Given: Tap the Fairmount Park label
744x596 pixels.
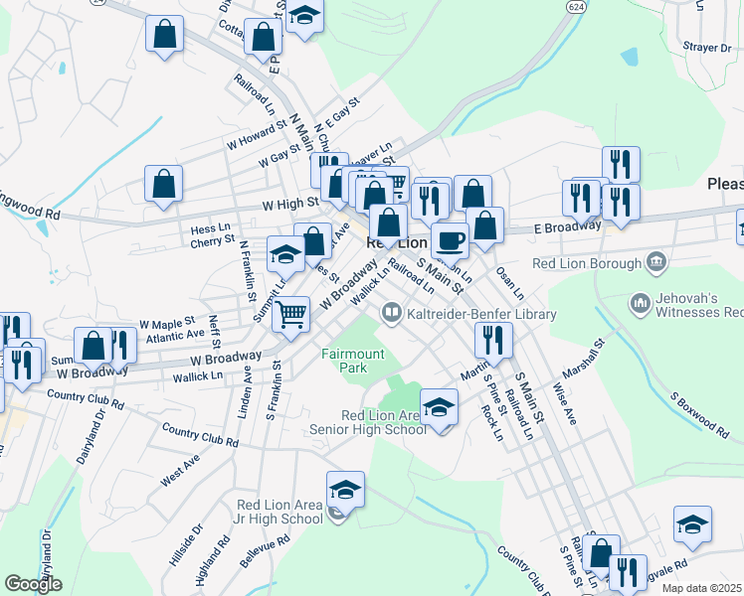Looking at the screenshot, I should coord(344,361).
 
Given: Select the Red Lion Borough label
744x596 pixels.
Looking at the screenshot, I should coord(588,263).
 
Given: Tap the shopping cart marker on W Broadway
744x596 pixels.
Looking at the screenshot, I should coord(290,314).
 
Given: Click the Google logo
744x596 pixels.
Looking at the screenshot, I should coord(34,584).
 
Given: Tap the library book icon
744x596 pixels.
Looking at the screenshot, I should coord(392,314).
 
